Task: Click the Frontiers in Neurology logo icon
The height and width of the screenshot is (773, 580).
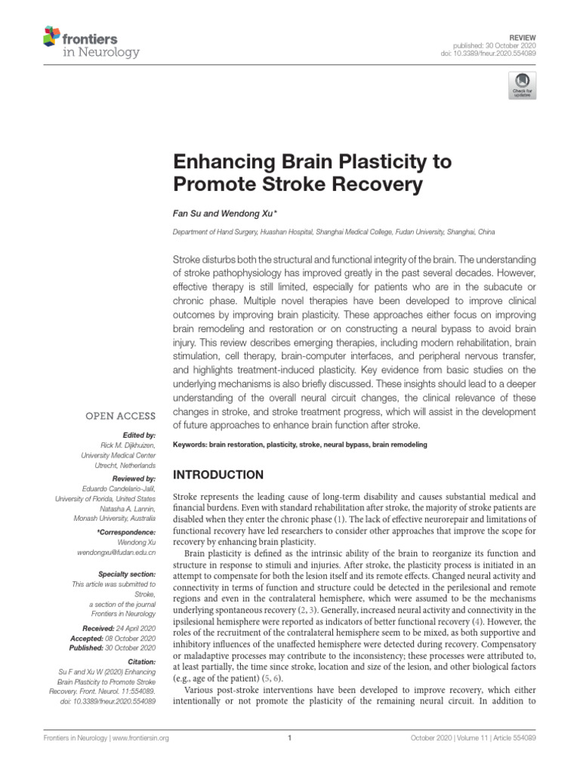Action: [52, 35]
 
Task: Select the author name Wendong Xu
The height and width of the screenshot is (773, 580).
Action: [244, 214]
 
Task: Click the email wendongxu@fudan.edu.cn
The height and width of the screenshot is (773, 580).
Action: [117, 553]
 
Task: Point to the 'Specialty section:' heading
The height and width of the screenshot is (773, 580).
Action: [124, 574]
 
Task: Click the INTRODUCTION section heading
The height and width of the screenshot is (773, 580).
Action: [219, 476]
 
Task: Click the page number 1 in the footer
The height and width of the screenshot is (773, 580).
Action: [290, 739]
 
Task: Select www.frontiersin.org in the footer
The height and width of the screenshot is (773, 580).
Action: [142, 739]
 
